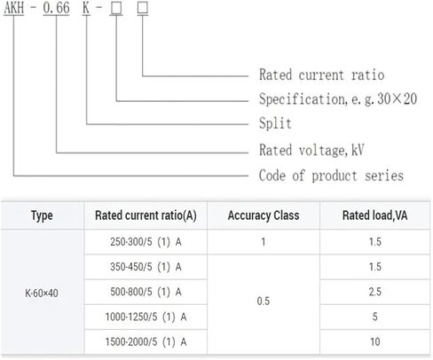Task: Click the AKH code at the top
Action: (14, 8)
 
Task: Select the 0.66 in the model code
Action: (56, 8)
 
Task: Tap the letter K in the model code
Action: (86, 8)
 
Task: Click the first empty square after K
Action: (116, 8)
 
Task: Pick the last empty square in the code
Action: (143, 8)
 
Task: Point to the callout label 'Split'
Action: (275, 123)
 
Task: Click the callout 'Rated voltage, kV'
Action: (311, 150)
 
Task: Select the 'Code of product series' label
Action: (331, 176)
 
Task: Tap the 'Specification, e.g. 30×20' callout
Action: (338, 98)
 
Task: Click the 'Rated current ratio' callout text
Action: (321, 74)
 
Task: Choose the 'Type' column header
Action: (42, 215)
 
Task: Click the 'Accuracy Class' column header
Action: (264, 215)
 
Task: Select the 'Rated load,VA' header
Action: (374, 215)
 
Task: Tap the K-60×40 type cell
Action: (42, 293)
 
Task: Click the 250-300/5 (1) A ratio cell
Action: (146, 242)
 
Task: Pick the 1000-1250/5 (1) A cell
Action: (146, 317)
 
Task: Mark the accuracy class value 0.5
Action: (264, 301)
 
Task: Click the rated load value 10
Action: (374, 342)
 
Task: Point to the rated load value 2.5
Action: (374, 292)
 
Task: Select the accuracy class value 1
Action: (264, 242)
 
